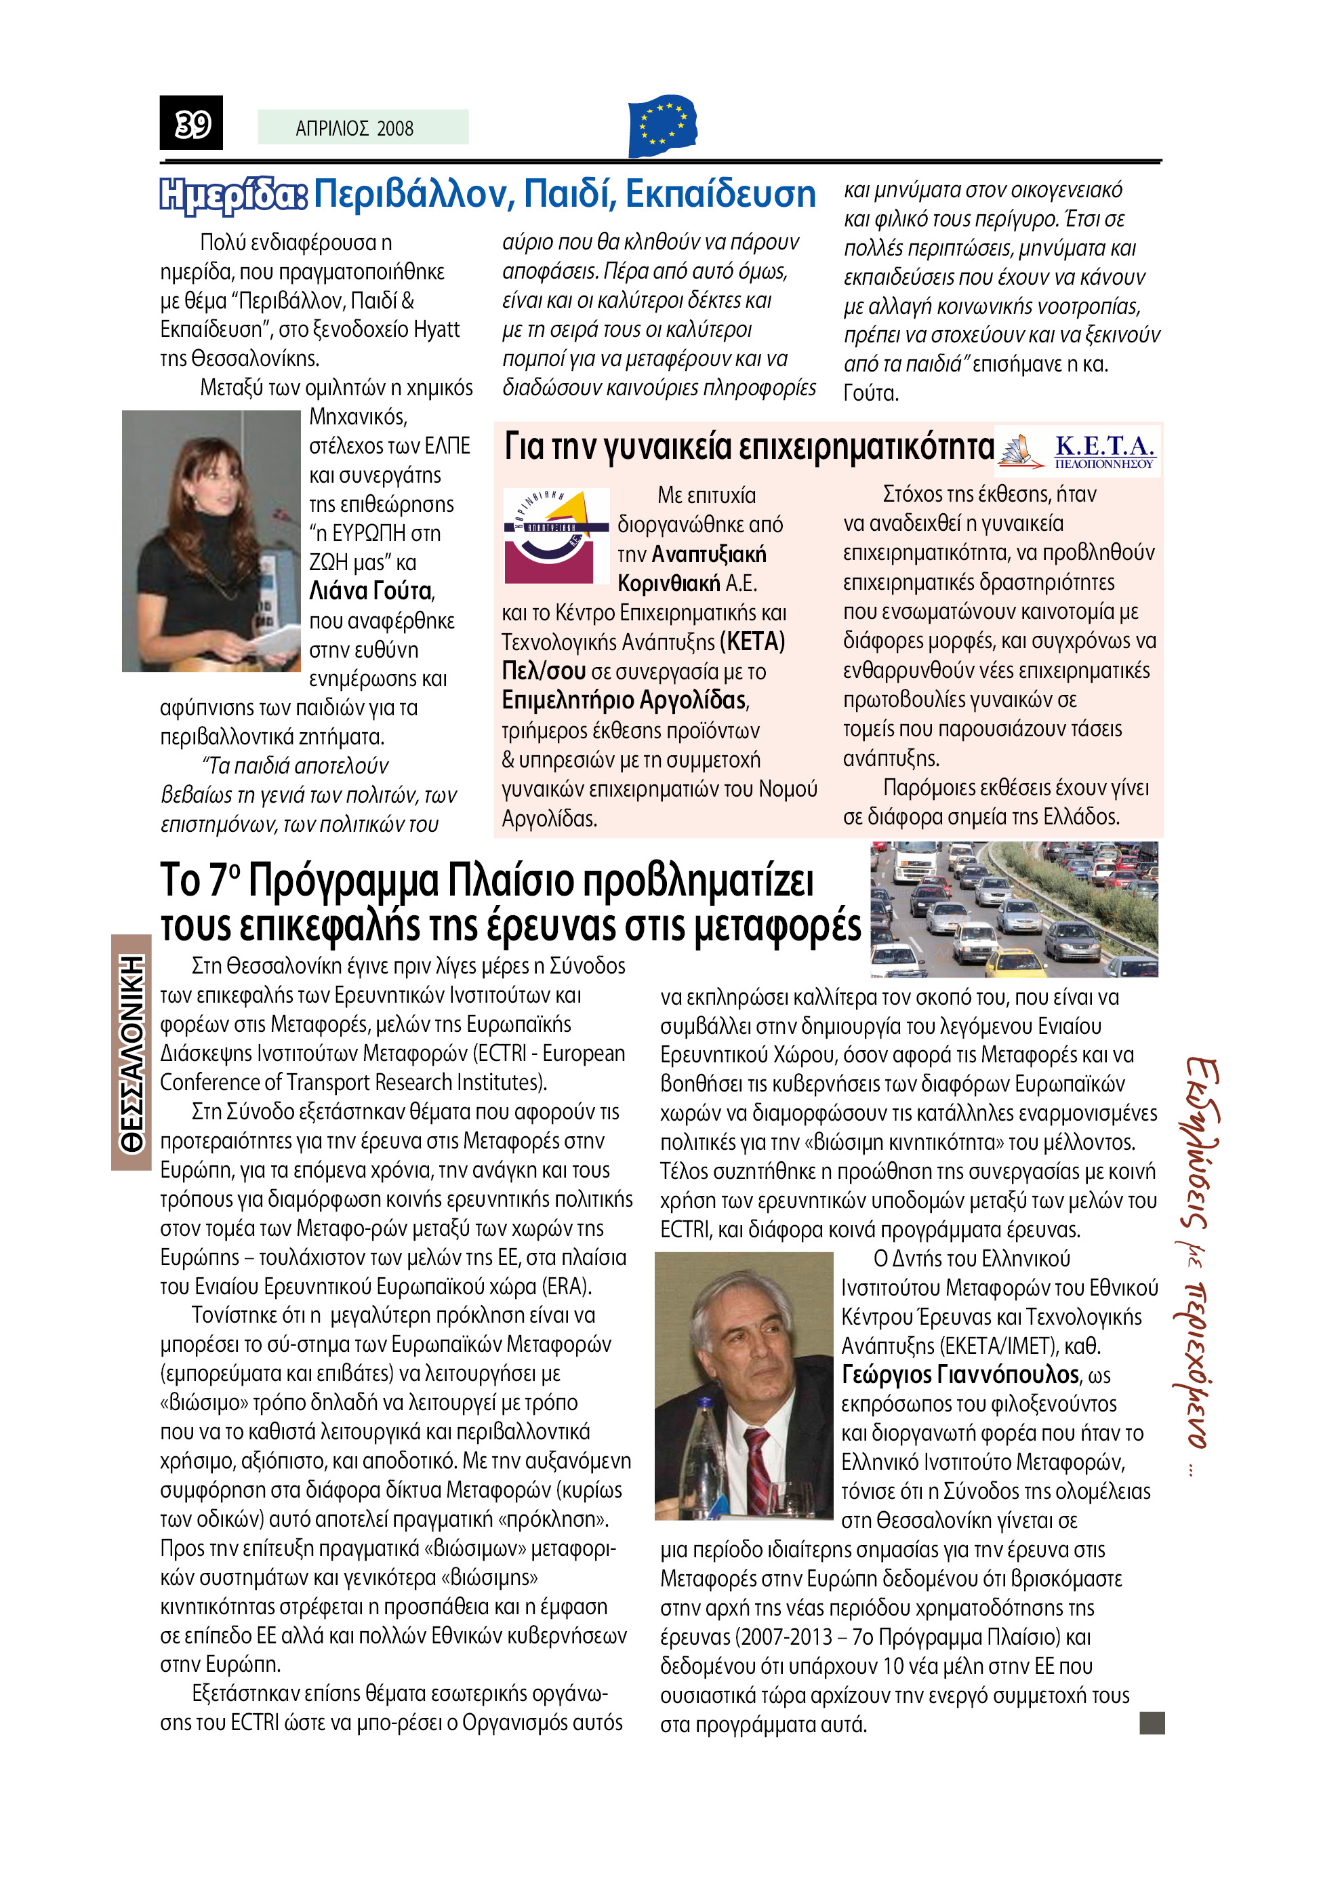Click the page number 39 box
click(x=191, y=123)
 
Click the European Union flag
click(x=662, y=125)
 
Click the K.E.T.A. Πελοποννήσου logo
click(x=1078, y=451)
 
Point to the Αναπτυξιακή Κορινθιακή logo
click(x=555, y=536)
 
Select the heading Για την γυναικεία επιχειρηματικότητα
click(x=748, y=447)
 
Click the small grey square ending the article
click(x=1152, y=1723)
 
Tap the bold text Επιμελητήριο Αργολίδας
click(x=624, y=700)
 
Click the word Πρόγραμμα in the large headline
click(x=344, y=881)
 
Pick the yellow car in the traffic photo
click(x=1015, y=961)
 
